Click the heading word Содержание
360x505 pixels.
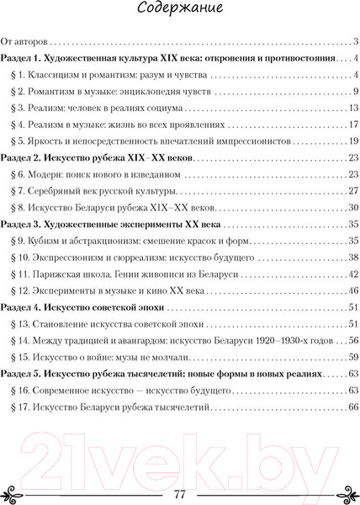179,12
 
